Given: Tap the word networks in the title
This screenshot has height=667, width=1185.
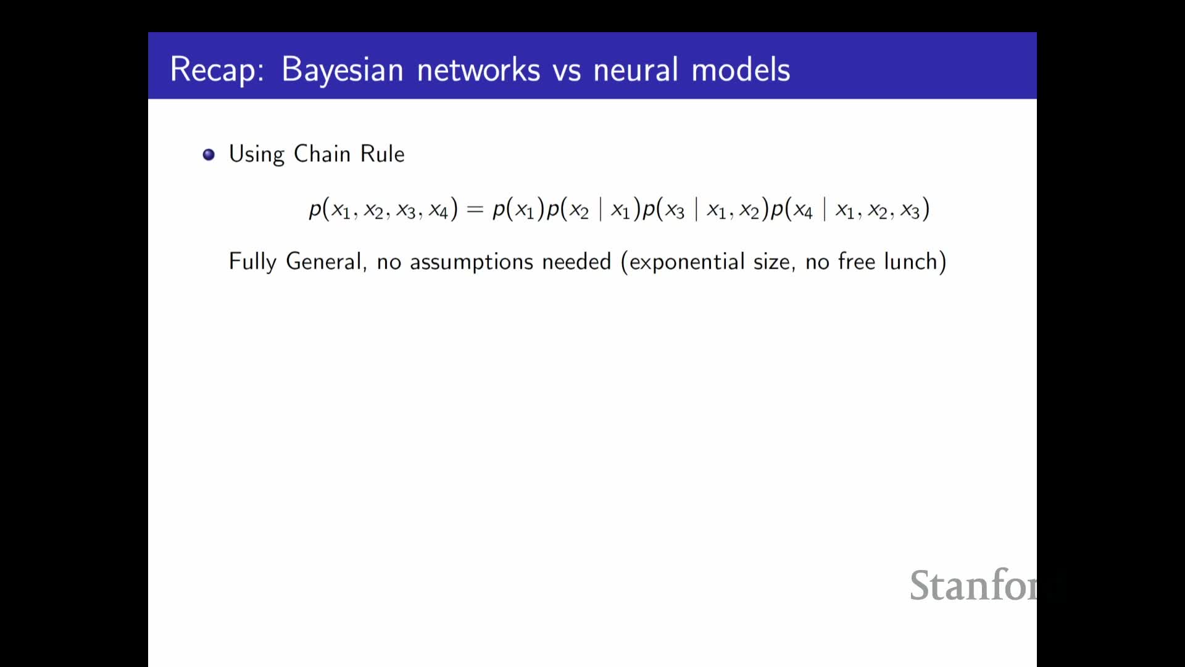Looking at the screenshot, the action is point(479,69).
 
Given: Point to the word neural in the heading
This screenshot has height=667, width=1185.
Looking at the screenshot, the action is point(636,69).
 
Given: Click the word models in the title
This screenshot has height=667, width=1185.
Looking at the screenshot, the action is point(741,69).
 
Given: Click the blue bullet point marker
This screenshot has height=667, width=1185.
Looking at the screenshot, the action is point(209,154).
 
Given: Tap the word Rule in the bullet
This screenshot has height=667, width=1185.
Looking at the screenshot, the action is point(383,153).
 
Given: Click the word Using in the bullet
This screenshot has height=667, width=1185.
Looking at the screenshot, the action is point(257,154).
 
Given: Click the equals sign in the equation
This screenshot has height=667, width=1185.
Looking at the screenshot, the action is point(475,210).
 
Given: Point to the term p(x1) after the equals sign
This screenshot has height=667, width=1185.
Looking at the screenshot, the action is point(518,209).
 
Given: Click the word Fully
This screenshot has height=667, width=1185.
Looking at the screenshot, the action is point(252,262).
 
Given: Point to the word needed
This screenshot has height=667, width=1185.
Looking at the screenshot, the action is point(576,262).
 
